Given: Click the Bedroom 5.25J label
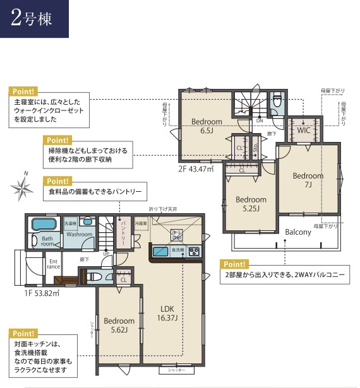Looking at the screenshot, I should (x=251, y=204).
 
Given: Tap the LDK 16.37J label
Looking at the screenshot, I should (x=167, y=313).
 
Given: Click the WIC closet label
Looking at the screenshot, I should (x=304, y=131).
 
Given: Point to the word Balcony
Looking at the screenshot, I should (x=298, y=232).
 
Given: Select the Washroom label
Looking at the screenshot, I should (x=80, y=235).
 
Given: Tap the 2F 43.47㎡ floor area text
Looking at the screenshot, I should (x=196, y=168).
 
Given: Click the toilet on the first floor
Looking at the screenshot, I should (x=93, y=276).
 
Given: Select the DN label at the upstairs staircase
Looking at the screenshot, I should (x=260, y=120).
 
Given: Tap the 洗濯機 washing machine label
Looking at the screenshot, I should (x=68, y=224).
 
